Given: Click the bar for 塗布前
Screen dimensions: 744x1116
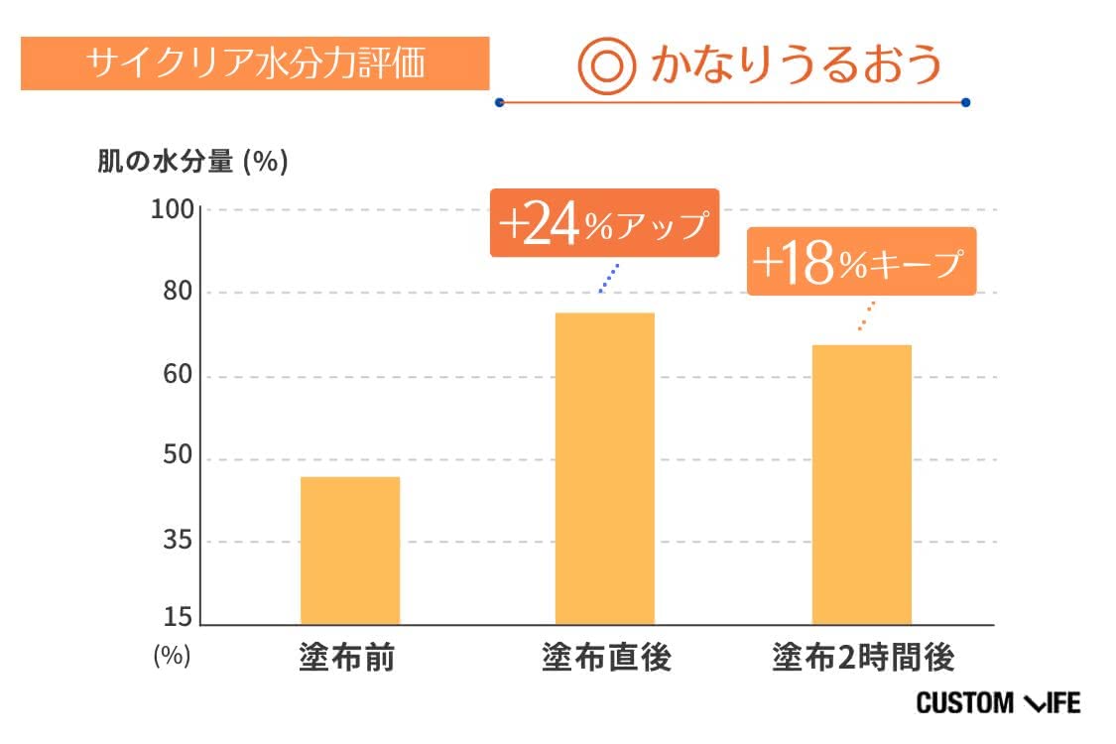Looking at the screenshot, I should pyautogui.click(x=349, y=551).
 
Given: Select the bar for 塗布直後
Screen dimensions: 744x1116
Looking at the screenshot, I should pyautogui.click(x=604, y=468).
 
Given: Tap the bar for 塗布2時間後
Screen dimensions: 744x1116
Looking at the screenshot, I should pyautogui.click(x=861, y=484).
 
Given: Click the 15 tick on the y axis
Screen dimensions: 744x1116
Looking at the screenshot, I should pyautogui.click(x=177, y=619).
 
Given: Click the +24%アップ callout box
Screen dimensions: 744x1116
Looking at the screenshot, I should pyautogui.click(x=603, y=223).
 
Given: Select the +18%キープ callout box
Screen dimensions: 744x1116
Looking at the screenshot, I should pyautogui.click(x=861, y=262).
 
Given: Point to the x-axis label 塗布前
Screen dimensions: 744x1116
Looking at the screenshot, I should pyautogui.click(x=346, y=657).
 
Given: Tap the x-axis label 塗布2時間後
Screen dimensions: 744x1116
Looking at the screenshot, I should pyautogui.click(x=863, y=657).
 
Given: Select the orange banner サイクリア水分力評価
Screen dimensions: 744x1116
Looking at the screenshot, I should pyautogui.click(x=255, y=63).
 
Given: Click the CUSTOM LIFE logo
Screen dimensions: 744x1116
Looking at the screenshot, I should pyautogui.click(x=997, y=703).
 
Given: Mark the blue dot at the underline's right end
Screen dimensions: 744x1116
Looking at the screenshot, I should pyautogui.click(x=965, y=101).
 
